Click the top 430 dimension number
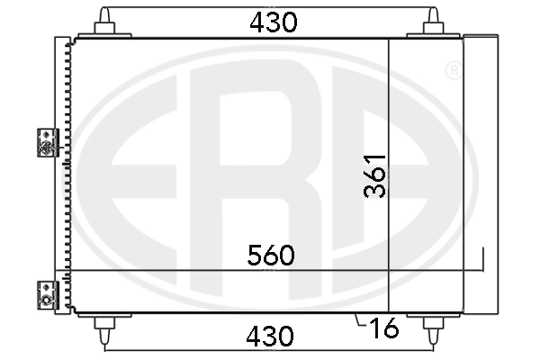[x=273, y=22]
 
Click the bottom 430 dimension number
[x=270, y=337]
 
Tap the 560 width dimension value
[x=271, y=256]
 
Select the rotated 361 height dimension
[x=374, y=176]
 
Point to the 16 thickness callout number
[x=383, y=328]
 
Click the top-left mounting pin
[x=104, y=22]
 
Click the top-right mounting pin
[x=433, y=22]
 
